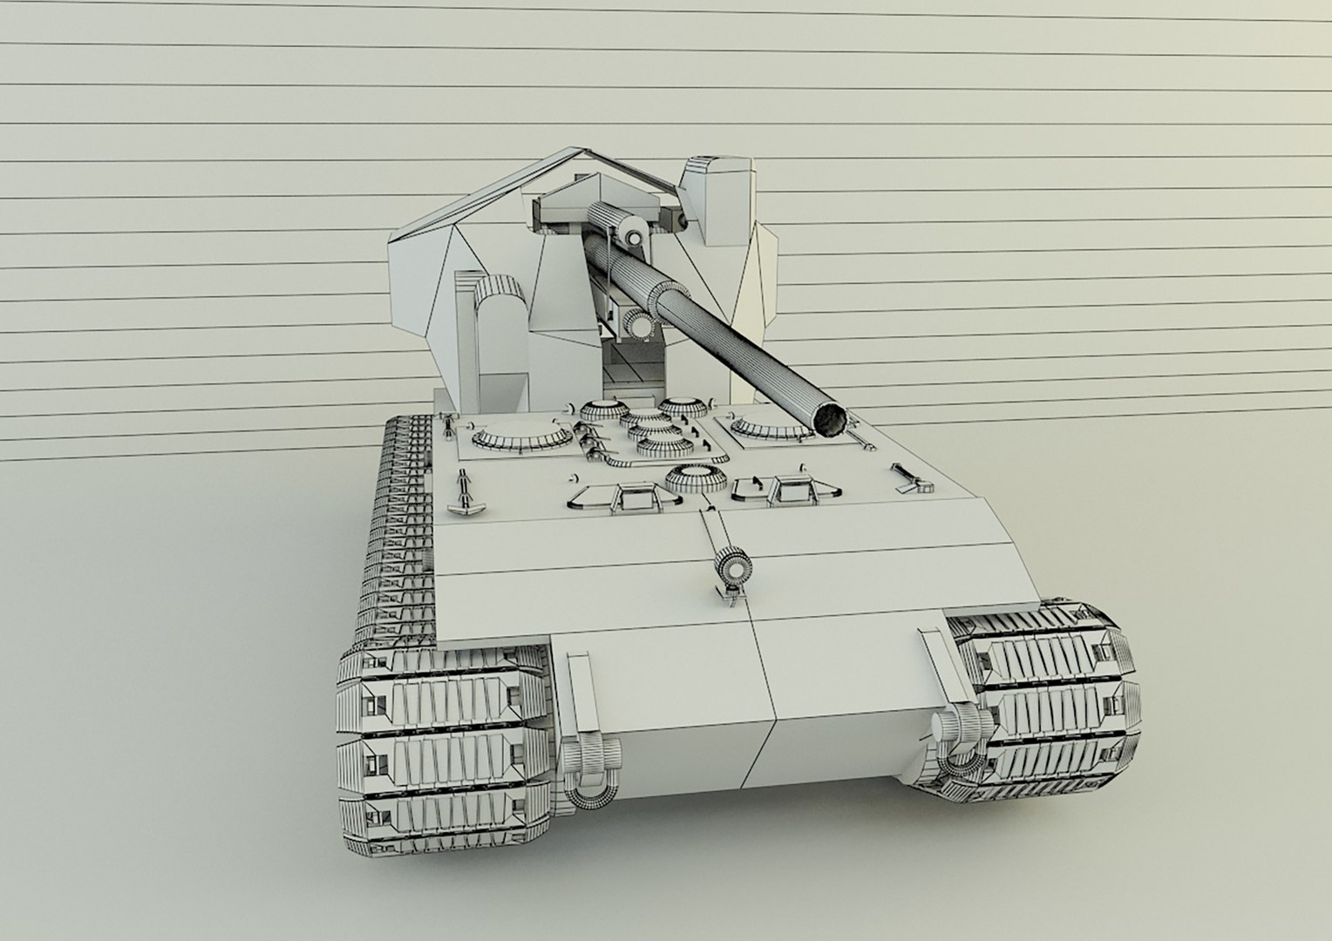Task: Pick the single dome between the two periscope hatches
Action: click(695, 478)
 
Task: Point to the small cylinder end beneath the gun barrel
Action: click(641, 325)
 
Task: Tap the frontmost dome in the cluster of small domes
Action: click(660, 446)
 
